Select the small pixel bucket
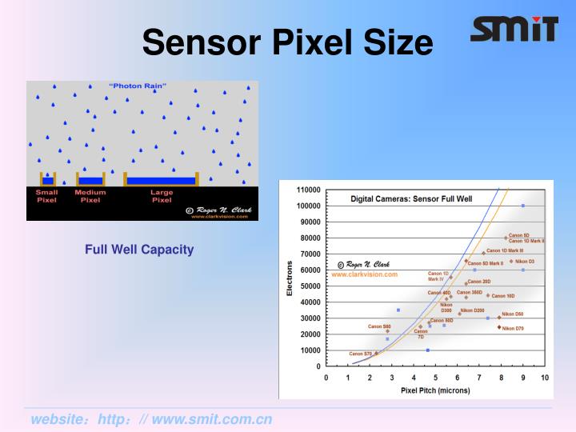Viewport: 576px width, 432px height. click(x=49, y=180)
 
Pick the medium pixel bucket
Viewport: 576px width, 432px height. click(x=90, y=180)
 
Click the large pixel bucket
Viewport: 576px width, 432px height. click(x=162, y=180)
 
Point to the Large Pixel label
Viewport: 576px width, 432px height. click(x=162, y=196)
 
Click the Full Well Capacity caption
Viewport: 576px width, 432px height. click(x=139, y=250)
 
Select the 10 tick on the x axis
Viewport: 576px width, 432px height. click(x=544, y=376)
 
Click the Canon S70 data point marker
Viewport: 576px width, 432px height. click(x=376, y=353)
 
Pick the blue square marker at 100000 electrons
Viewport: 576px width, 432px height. click(x=523, y=206)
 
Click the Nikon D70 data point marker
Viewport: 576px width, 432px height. click(x=499, y=327)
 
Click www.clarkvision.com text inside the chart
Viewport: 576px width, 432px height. click(x=364, y=274)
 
